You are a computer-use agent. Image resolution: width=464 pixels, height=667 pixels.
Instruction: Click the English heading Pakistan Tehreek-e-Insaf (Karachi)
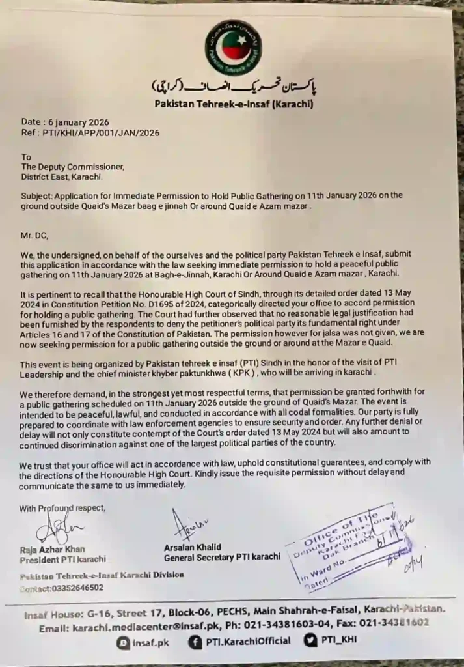[234, 104]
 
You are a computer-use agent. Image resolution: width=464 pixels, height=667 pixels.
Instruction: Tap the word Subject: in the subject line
[37, 195]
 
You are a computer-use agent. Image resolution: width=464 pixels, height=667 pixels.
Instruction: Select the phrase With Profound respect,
[62, 508]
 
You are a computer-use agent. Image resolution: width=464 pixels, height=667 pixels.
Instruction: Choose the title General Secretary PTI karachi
[222, 556]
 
